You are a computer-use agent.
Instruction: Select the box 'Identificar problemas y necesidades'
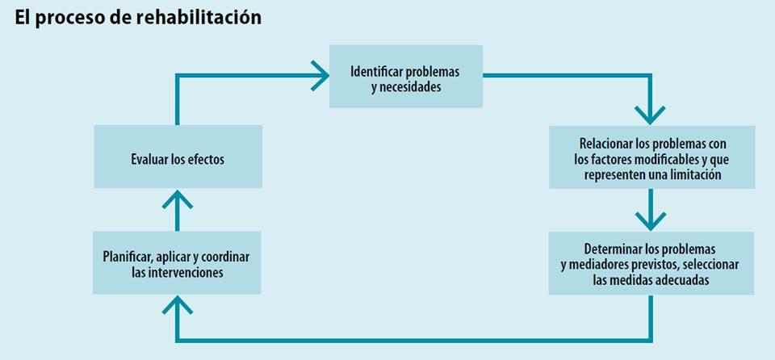click(406, 76)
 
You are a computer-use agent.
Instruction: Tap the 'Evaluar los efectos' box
click(178, 157)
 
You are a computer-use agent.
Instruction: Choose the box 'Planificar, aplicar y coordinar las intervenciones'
click(177, 262)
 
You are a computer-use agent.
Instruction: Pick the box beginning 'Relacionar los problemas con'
click(652, 157)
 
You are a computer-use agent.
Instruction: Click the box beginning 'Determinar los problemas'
click(651, 263)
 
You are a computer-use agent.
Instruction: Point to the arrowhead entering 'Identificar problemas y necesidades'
click(320, 76)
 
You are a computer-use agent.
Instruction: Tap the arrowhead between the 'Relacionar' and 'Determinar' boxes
click(651, 221)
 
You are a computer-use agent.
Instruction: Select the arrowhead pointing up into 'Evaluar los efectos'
click(177, 199)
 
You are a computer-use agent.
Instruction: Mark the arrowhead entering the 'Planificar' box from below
click(177, 305)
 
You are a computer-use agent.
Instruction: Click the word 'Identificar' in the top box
click(377, 71)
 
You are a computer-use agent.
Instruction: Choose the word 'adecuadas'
click(686, 280)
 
